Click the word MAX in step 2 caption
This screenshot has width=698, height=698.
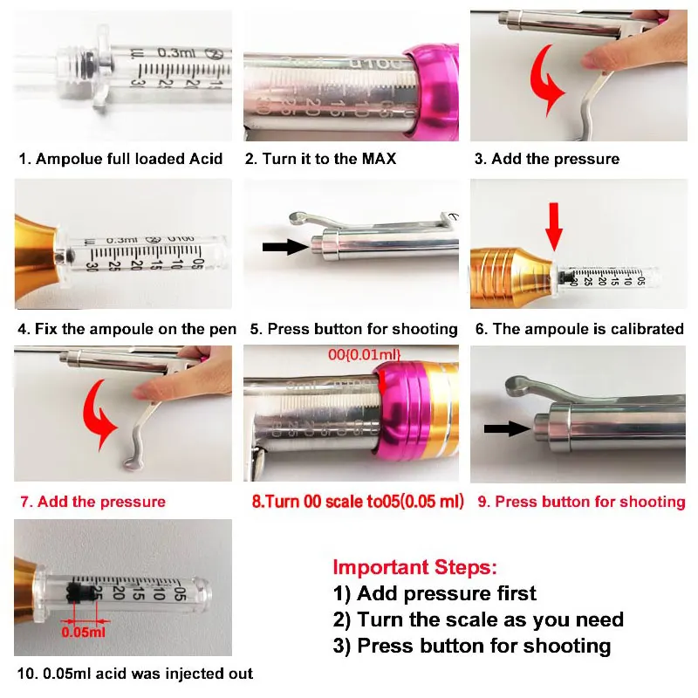tap(379, 159)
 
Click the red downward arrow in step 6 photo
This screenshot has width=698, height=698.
tap(554, 227)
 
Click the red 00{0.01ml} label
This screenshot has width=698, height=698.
tap(364, 355)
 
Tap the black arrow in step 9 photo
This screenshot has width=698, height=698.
tap(508, 428)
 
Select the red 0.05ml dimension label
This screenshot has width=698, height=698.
tap(83, 632)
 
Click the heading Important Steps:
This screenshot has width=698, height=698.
tap(415, 567)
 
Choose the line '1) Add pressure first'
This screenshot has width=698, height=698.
tap(435, 593)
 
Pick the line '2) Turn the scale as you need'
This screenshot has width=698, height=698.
tap(478, 619)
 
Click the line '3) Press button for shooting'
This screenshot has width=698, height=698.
tap(472, 647)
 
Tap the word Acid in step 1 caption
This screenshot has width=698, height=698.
tap(206, 159)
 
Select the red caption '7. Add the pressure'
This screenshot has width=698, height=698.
tap(92, 502)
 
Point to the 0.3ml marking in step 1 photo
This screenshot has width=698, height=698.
tap(176, 52)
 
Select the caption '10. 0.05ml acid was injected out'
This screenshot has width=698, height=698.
tap(135, 674)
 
